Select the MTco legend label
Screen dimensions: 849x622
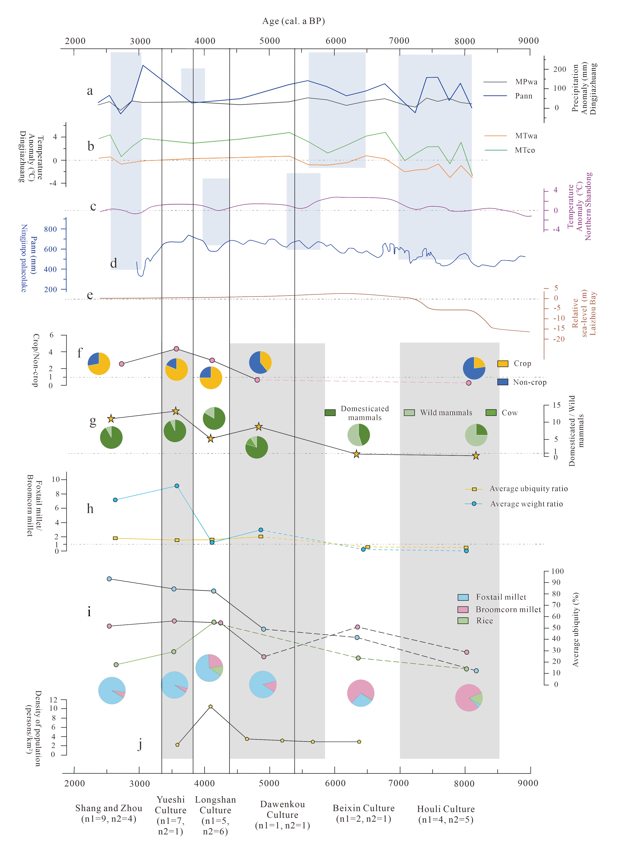point(525,150)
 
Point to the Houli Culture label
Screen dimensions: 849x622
point(446,814)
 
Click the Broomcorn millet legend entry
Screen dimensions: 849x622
point(508,609)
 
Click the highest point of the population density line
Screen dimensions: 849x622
point(210,706)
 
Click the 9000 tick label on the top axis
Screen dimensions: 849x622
point(528,41)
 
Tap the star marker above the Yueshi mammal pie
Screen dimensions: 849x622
point(175,411)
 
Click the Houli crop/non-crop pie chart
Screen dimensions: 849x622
point(474,368)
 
